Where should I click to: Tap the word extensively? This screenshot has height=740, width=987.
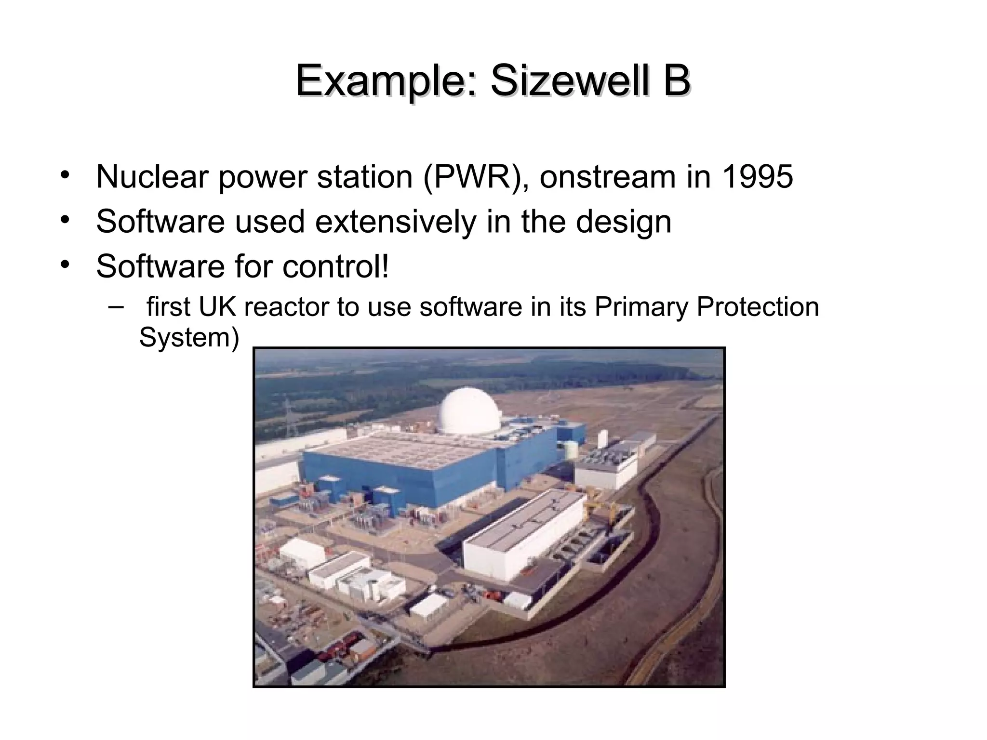(395, 222)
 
